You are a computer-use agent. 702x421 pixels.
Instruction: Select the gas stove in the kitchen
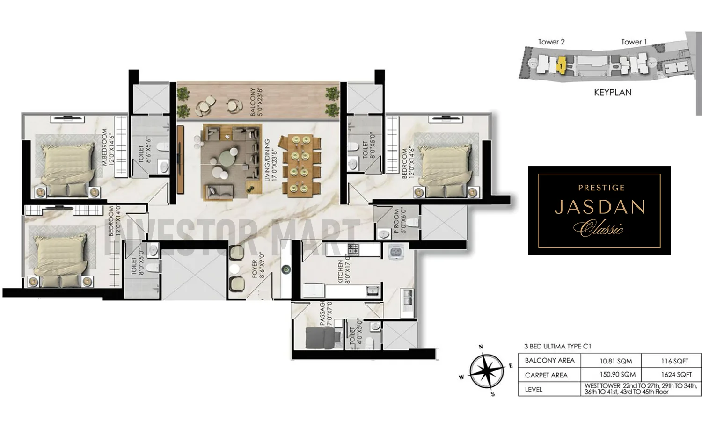point(353,249)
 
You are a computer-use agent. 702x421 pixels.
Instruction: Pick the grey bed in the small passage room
point(320,337)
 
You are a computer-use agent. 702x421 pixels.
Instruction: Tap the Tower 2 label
point(551,42)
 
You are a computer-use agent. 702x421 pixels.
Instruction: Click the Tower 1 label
point(634,42)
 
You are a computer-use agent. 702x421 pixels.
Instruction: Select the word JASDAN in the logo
point(600,207)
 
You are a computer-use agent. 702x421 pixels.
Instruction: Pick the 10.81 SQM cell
point(616,361)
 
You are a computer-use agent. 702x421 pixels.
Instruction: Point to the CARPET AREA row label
point(546,375)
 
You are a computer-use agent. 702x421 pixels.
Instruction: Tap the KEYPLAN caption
point(613,93)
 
